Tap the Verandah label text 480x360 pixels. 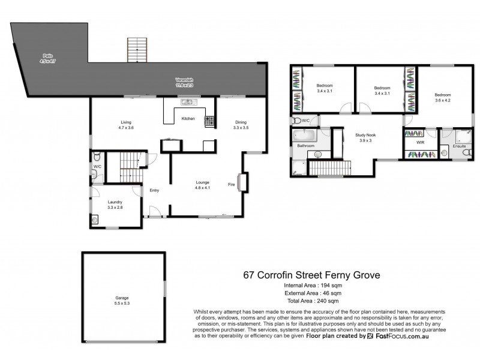coord(184,83)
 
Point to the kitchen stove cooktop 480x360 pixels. coord(209,121)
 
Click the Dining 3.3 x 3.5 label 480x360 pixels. coord(241,124)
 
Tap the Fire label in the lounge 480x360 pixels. coord(230,184)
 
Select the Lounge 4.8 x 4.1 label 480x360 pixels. coord(202,184)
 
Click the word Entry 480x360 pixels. coord(155,191)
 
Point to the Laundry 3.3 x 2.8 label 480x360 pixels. coord(115,205)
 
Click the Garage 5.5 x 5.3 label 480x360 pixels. coord(123,300)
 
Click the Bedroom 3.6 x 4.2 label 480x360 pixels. coord(443,98)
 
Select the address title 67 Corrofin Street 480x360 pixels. coord(311,275)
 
